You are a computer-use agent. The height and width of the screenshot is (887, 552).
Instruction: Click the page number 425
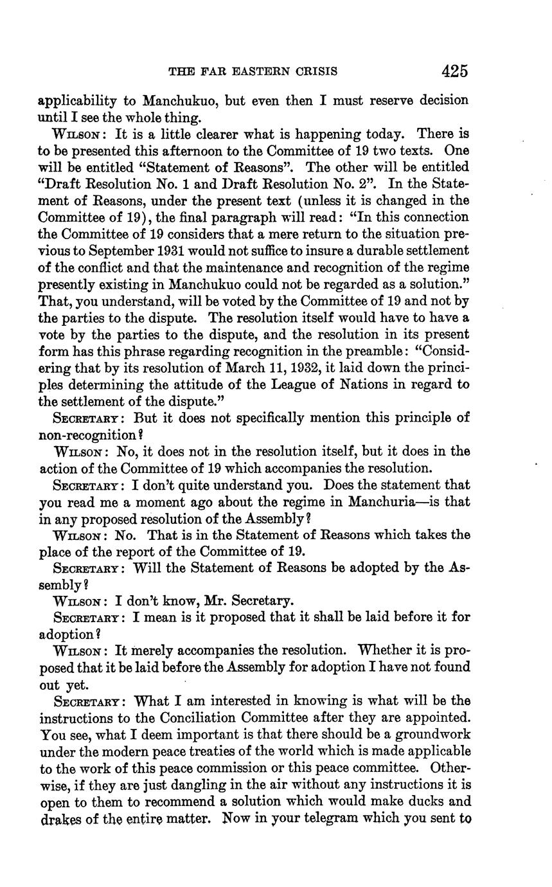[454, 70]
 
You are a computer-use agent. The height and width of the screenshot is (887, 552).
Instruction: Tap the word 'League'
[283, 384]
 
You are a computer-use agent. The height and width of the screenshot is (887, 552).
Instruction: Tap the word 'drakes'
[57, 819]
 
